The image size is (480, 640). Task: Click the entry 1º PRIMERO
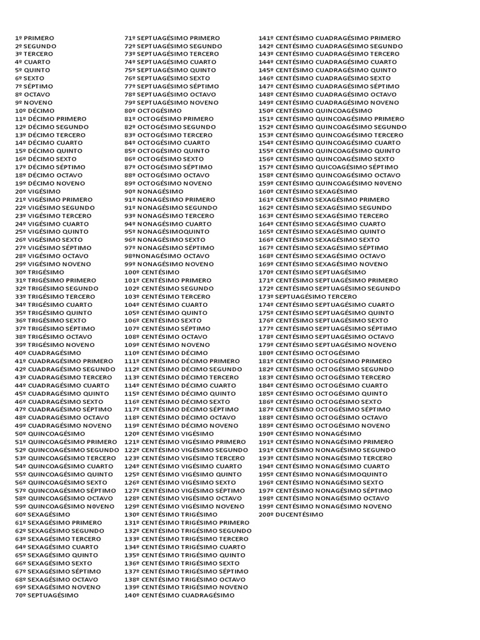click(34, 38)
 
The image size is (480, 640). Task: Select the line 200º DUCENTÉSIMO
click(291, 514)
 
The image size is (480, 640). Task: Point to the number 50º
click(20, 434)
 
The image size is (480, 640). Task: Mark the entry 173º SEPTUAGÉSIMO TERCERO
click(309, 296)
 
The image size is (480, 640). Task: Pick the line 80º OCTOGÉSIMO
click(153, 111)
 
